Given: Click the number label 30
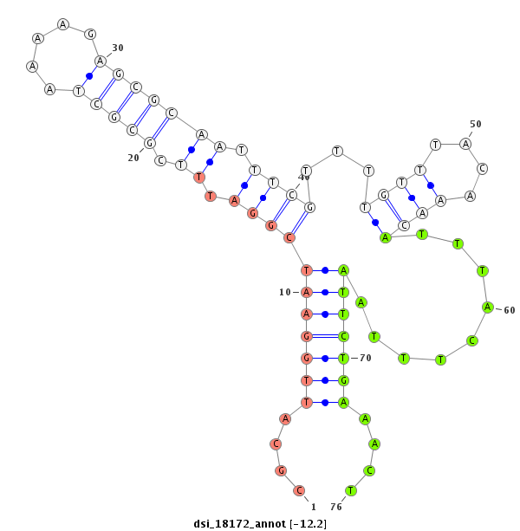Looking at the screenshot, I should [118, 48].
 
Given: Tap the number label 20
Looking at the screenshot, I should [133, 158].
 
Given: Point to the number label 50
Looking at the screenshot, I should [475, 124].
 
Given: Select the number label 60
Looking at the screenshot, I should [508, 310].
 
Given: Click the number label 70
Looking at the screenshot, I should [365, 357].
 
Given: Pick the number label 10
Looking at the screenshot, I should [285, 292].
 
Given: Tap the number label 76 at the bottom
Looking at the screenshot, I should [336, 507].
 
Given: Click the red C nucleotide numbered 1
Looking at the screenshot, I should [299, 490].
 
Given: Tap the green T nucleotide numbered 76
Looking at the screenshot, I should [351, 490].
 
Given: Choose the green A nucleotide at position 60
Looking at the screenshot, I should [487, 307].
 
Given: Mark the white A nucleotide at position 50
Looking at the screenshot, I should [465, 144].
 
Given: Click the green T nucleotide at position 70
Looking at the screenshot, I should [343, 358].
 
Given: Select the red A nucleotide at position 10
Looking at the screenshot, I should [306, 292].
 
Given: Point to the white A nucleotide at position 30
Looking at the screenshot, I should [101, 61].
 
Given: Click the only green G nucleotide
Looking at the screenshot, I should [343, 380].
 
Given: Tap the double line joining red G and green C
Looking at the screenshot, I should [324, 336].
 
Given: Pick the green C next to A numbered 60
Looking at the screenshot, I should [472, 340].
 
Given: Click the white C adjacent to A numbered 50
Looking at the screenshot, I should [482, 168].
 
